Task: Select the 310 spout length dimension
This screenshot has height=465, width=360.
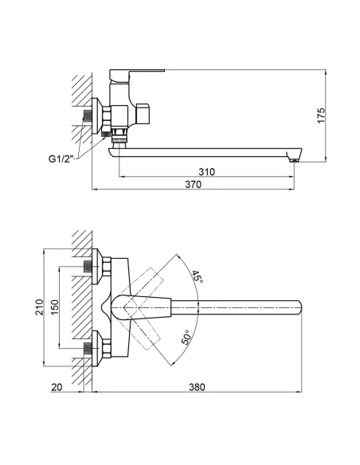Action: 208,170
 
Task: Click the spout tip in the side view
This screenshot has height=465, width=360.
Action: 294,158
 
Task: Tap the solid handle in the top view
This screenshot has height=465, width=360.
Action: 143,306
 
